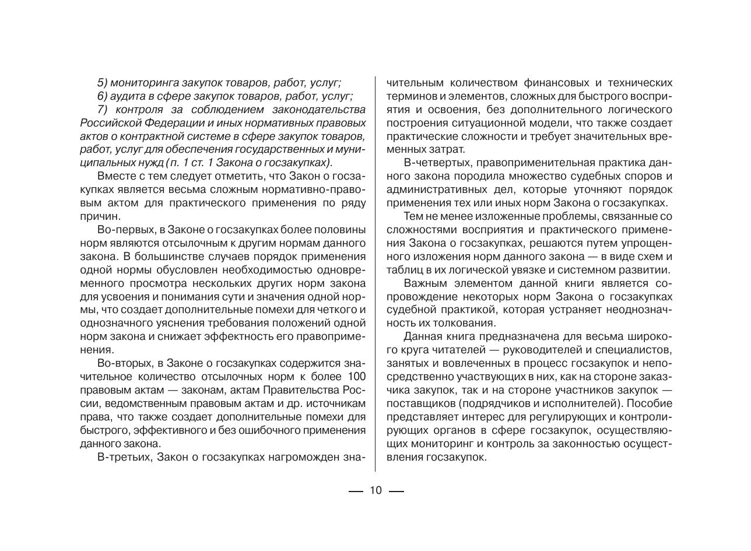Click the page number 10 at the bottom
tap(375, 490)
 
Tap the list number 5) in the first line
tap(103, 83)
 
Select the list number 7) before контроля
tap(103, 110)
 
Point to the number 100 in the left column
tap(356, 377)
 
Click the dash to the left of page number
tap(356, 491)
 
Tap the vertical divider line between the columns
tap(375, 274)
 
